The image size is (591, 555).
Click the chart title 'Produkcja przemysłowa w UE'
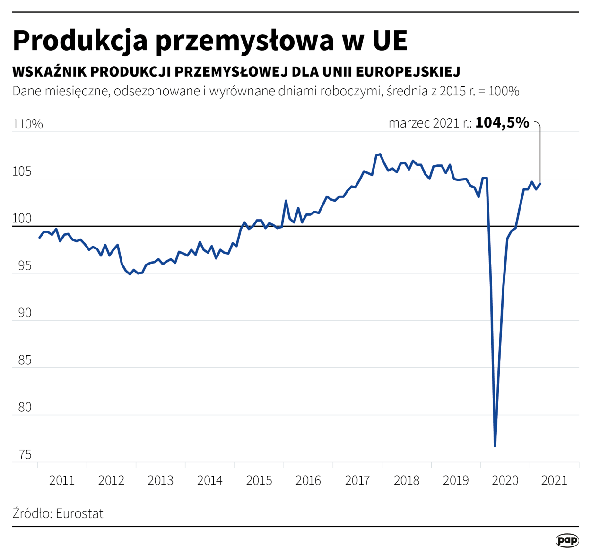tap(210, 40)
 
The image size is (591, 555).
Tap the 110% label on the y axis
tap(27, 124)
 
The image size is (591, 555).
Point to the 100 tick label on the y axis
tap(22, 219)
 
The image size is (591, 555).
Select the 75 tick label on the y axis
tap(25, 455)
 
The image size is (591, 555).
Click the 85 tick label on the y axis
tap(25, 360)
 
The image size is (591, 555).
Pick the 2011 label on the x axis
tap(62, 481)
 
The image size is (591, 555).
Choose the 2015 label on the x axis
tap(259, 481)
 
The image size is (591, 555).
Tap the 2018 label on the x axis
tap(407, 481)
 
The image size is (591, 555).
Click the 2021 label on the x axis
tap(554, 481)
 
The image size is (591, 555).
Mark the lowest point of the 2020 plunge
tap(495, 445)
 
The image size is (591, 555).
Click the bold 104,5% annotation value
tap(502, 123)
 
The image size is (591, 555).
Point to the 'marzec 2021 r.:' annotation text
tap(430, 123)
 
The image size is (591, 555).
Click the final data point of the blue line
tap(540, 184)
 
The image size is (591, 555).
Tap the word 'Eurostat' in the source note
tap(79, 514)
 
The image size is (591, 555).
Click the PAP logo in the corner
tap(567, 540)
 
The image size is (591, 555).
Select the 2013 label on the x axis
tap(160, 481)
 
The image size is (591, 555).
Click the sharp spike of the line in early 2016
tap(286, 201)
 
